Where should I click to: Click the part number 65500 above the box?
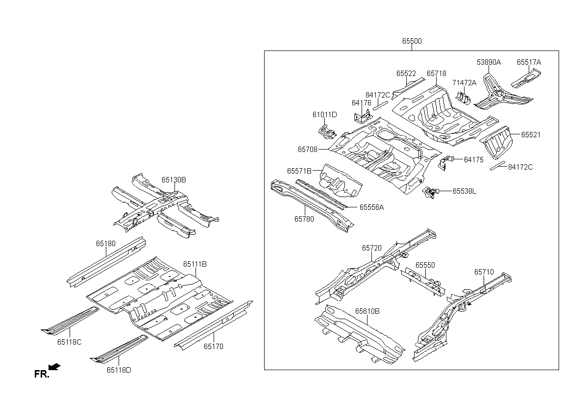click(412, 42)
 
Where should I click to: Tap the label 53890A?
click(489, 62)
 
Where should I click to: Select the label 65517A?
click(529, 62)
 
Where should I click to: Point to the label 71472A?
click(464, 83)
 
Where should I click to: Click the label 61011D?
click(324, 115)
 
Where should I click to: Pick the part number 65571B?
click(299, 171)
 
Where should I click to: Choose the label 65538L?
click(464, 191)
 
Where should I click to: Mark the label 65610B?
click(367, 311)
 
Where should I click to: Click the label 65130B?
click(174, 180)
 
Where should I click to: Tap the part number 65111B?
click(195, 264)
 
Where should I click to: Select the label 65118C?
click(69, 342)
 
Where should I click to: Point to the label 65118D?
click(119, 370)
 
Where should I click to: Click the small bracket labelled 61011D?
click(327, 131)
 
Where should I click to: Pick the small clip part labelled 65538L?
click(430, 193)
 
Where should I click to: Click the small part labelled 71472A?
click(464, 98)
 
